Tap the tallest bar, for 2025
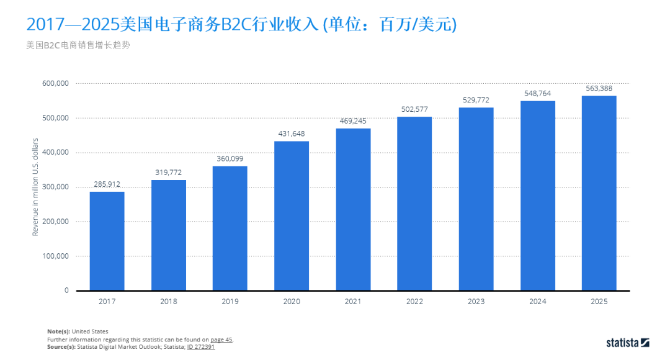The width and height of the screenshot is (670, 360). pyautogui.click(x=599, y=193)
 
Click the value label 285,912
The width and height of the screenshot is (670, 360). pyautogui.click(x=107, y=184)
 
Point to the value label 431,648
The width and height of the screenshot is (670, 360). pyautogui.click(x=291, y=133)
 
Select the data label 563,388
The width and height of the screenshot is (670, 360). pyautogui.click(x=599, y=88)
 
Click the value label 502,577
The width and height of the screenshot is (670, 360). pyautogui.click(x=414, y=109)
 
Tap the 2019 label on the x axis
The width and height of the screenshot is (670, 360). pyautogui.click(x=230, y=301)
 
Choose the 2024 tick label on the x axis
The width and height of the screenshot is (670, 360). pyautogui.click(x=537, y=301)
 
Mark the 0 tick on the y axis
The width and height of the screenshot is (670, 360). pyautogui.click(x=66, y=290)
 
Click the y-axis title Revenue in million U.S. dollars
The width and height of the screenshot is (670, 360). pyautogui.click(x=35, y=187)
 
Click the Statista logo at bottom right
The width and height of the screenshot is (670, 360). pyautogui.click(x=627, y=342)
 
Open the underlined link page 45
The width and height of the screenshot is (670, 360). pyautogui.click(x=221, y=340)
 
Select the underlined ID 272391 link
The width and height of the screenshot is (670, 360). pyautogui.click(x=200, y=347)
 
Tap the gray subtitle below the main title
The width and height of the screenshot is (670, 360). pyautogui.click(x=78, y=45)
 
